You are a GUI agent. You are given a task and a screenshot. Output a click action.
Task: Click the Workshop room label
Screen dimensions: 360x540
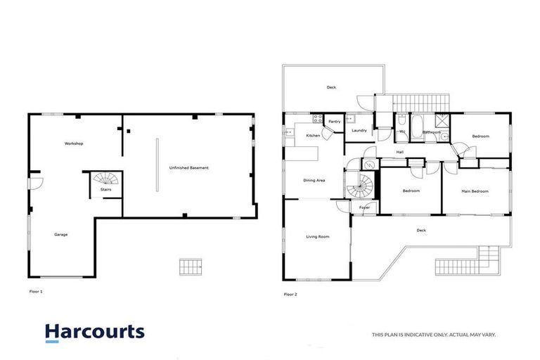74,144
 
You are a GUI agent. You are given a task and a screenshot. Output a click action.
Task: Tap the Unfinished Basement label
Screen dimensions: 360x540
188,168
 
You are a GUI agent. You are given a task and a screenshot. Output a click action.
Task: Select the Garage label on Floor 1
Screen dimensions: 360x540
61,234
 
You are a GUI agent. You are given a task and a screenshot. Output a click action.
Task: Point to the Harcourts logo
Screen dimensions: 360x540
95,333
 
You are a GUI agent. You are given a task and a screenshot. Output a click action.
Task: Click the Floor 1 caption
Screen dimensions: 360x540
34,290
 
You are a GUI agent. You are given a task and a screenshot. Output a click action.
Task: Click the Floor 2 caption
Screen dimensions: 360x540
290,294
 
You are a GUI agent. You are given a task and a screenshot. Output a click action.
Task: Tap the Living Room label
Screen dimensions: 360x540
318,237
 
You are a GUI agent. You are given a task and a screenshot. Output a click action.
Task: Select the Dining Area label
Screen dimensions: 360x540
314,181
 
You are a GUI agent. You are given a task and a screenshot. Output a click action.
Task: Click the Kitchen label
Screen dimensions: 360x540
313,135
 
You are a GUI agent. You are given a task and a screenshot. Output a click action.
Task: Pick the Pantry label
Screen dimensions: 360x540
335,122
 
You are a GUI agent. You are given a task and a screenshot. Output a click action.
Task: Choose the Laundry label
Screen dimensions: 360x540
359,131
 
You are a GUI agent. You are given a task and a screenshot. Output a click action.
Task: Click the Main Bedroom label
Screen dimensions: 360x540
475,191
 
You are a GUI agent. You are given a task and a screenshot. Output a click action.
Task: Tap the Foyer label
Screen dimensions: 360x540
365,208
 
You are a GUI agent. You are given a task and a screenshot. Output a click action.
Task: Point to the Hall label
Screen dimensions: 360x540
399,152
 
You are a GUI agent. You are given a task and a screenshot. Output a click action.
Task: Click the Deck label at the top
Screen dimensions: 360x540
331,87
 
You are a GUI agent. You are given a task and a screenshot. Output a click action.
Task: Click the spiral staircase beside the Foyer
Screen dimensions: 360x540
361,186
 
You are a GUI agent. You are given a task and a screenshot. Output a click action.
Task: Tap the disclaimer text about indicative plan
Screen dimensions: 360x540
433,335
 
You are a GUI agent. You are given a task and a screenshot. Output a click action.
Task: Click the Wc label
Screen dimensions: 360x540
401,131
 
